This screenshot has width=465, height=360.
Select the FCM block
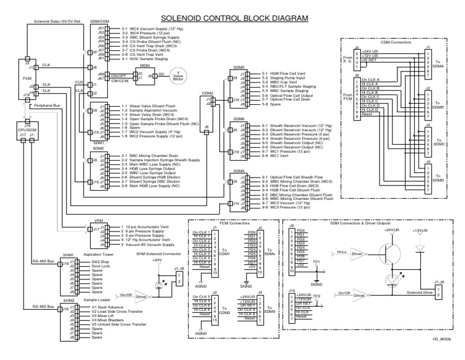[x=26, y=78]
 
